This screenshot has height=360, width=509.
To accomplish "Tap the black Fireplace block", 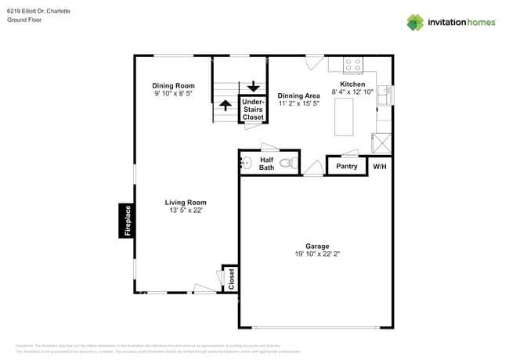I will pyautogui.click(x=126, y=220).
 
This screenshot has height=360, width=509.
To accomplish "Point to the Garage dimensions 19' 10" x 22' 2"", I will pyautogui.click(x=317, y=254).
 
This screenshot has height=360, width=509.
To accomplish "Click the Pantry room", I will pyautogui.click(x=346, y=166).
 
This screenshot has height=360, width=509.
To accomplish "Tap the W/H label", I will pyautogui.click(x=379, y=167).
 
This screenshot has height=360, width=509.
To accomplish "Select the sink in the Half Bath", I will pyautogui.click(x=245, y=164).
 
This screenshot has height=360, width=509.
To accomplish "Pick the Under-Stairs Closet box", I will pyautogui.click(x=253, y=109).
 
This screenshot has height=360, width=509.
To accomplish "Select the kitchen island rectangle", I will pyautogui.click(x=343, y=118).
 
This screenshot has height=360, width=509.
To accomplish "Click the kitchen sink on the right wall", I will pyautogui.click(x=384, y=96).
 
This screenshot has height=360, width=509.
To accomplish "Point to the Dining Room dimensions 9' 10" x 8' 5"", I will pyautogui.click(x=173, y=93).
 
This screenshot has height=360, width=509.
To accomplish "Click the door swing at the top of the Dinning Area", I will pyautogui.click(x=314, y=61).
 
